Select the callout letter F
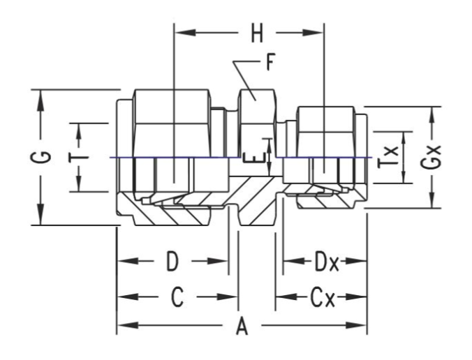(270, 65)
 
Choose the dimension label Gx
(434, 158)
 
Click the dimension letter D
(172, 263)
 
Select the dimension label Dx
(325, 263)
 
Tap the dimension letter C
(177, 298)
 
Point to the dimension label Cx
(322, 299)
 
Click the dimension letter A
(242, 326)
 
